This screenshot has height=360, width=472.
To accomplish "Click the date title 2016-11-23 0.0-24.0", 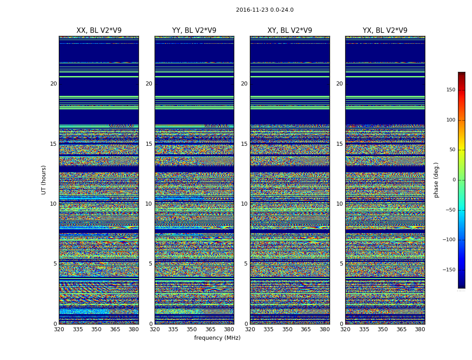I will pos(264,10).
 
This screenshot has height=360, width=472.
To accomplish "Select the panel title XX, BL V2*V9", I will pos(99,31).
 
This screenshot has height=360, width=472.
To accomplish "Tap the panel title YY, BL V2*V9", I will pos(194,31).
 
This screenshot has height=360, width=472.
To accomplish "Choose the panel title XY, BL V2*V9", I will pos(289,31).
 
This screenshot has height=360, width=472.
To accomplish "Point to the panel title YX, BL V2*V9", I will pos(385,31).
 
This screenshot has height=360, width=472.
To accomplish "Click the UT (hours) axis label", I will pos(44,180).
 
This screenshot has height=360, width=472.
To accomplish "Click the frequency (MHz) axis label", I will pos(217,338).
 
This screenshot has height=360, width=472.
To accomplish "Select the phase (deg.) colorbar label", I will pos(436,180).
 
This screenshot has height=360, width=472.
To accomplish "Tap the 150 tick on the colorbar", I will pos(450,90).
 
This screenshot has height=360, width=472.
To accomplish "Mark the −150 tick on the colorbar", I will pos(449,270).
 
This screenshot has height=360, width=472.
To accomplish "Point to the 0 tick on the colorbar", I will pos(454,180).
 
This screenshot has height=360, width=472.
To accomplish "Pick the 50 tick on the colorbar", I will pos(452,150).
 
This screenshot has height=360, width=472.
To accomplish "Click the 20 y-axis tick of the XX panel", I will pos(53,84).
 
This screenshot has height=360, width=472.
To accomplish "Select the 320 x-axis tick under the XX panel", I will pos(59,329).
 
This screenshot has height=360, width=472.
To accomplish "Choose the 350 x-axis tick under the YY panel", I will pos(192,329).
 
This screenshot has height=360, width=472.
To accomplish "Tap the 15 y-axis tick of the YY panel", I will pos(149,144).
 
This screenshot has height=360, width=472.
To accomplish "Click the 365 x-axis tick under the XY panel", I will pos(306,329).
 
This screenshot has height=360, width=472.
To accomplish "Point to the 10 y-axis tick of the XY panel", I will pos(244,204).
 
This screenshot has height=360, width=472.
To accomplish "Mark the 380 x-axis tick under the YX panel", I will pos(420,329).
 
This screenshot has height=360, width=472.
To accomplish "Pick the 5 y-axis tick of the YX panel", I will pos(341,264).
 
